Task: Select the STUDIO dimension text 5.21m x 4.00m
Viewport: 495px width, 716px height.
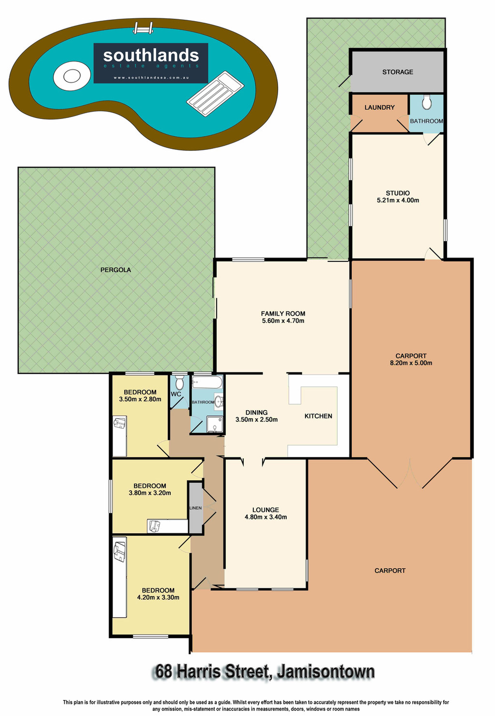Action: coord(398,200)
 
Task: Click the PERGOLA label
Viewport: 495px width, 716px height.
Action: coord(116,270)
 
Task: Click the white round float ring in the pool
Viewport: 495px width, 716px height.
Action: coord(72,76)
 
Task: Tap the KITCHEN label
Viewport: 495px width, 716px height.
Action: coord(318,416)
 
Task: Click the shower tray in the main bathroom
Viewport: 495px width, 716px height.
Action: coord(215,424)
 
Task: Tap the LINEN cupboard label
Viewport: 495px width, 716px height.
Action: coord(195,508)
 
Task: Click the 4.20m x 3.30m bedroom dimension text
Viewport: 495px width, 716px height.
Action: coord(158,597)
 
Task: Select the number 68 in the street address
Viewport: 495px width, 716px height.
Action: coord(164,672)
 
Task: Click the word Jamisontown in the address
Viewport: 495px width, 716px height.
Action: coord(326,672)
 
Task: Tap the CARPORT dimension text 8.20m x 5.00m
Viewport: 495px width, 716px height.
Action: coord(411,363)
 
